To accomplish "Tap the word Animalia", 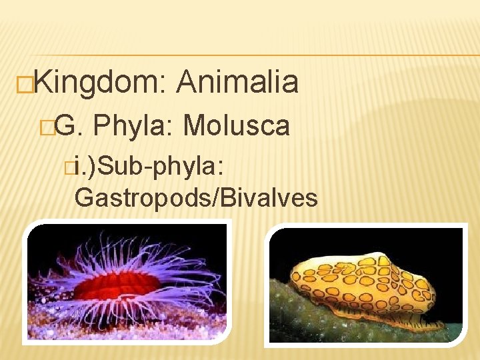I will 237,83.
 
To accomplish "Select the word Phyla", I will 133,125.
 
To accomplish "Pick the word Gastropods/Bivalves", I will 196,197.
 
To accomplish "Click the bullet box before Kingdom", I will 26,84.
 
